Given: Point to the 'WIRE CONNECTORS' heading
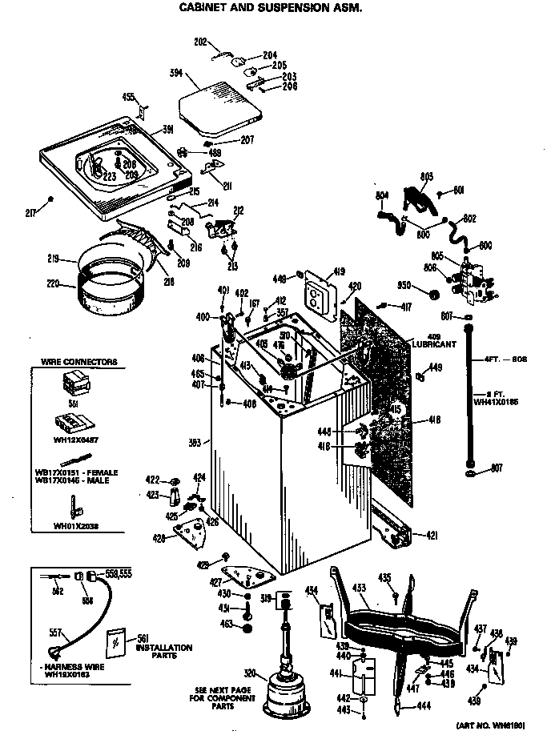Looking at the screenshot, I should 78,362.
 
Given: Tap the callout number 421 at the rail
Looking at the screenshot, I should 431,535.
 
